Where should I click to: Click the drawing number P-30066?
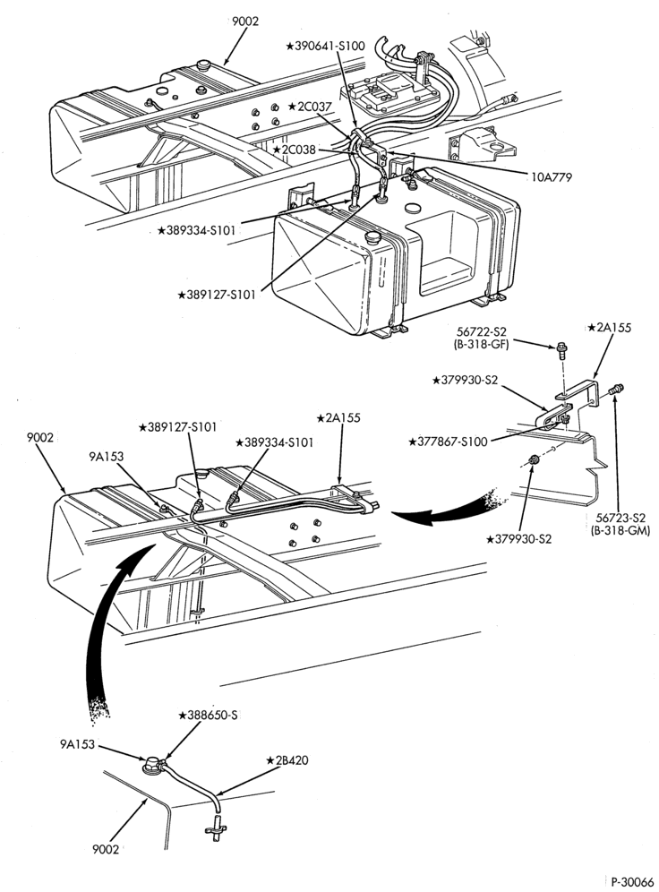632,882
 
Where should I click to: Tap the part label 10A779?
552,177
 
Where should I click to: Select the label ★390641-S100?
325,46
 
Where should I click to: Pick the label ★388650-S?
208,715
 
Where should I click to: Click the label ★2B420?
287,760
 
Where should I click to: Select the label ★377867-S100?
448,442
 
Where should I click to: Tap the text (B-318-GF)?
481,343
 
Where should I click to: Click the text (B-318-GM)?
617,530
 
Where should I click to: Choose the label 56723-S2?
621,519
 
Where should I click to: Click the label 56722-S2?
482,331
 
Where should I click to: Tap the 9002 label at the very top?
245,21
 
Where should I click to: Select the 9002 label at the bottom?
106,849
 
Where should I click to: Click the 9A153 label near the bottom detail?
77,744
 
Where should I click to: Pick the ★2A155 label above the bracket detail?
610,329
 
